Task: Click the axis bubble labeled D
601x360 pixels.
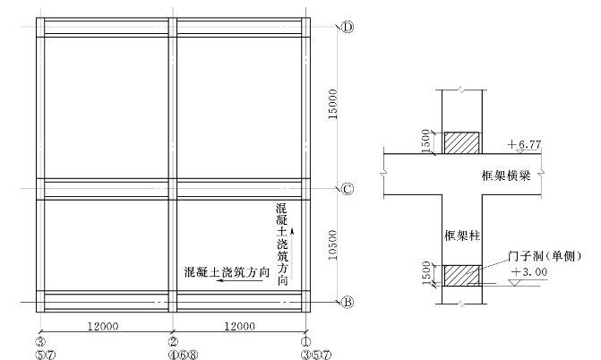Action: [348, 27]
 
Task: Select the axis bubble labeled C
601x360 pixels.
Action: [348, 189]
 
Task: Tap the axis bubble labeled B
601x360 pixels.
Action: [348, 303]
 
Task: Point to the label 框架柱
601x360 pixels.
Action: [463, 236]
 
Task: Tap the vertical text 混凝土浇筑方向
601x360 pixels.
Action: [282, 244]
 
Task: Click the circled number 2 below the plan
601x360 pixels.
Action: [172, 341]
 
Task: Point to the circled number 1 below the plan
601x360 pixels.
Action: [305, 341]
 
